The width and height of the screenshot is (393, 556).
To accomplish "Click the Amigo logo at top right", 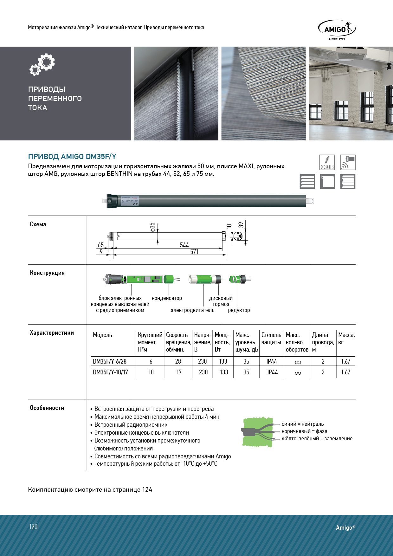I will click(x=337, y=30).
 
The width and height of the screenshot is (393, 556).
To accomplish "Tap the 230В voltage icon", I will click(x=327, y=162).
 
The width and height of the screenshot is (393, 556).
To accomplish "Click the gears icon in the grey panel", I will click(x=42, y=64).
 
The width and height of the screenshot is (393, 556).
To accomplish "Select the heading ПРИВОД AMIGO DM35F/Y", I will click(x=72, y=157).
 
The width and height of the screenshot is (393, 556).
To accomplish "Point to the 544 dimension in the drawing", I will click(x=184, y=245).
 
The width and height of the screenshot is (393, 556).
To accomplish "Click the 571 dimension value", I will click(x=194, y=252).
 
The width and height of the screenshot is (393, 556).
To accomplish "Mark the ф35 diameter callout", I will click(x=152, y=227).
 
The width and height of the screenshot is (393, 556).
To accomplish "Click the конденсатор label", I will click(x=167, y=298).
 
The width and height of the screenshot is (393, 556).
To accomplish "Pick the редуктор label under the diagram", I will click(x=239, y=310).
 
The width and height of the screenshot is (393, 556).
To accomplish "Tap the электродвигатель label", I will click(x=192, y=310).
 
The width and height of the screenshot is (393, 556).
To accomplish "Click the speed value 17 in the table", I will click(x=179, y=372).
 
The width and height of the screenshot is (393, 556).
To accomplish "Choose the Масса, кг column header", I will click(x=346, y=339).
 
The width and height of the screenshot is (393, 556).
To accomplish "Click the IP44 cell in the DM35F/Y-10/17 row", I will click(x=272, y=372).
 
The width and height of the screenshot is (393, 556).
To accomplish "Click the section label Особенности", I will click(x=47, y=408).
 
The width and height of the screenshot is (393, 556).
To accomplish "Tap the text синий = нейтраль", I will click(x=303, y=424).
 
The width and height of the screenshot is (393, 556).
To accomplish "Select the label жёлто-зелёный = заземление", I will click(x=317, y=439).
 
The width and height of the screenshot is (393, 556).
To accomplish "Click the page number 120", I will click(x=33, y=527).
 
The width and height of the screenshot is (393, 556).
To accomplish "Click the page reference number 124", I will click(x=147, y=490).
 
